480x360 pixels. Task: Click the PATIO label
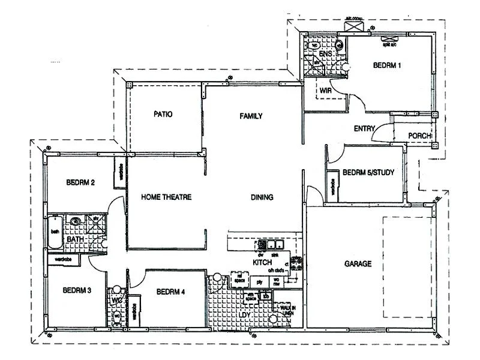[163, 114]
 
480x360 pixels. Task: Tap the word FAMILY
[251, 116]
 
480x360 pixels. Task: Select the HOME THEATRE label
[166, 197]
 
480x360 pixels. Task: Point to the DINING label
[262, 197]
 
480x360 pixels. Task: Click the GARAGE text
[358, 263]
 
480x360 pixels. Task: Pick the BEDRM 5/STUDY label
[368, 173]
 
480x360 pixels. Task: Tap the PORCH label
[420, 136]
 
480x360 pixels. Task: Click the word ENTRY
[364, 128]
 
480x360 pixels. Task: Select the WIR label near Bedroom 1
[326, 91]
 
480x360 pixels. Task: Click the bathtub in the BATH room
[55, 230]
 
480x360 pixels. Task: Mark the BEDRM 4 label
[170, 292]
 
